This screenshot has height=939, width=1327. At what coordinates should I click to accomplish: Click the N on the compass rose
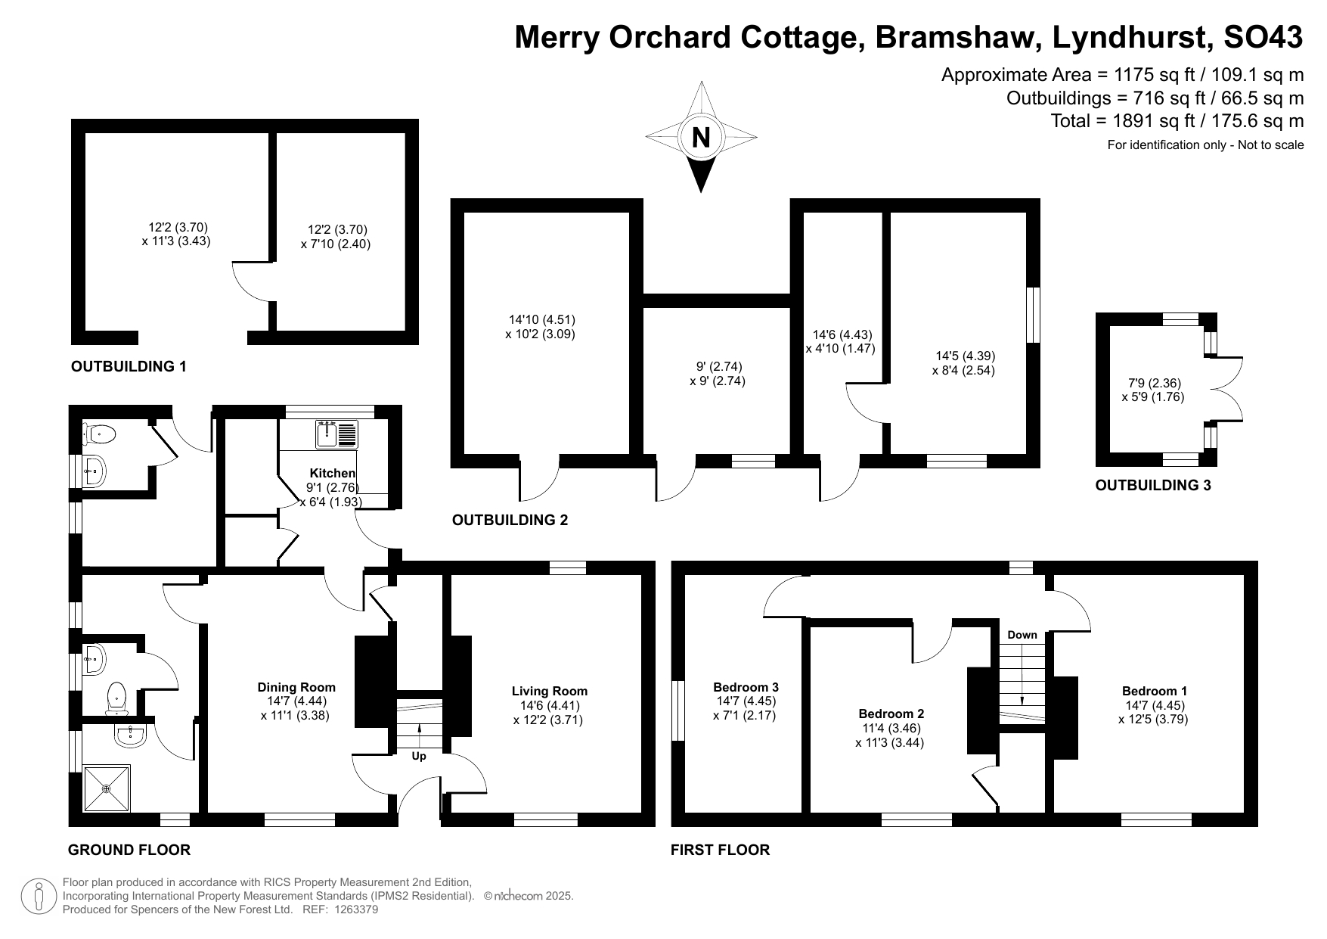pos(701,137)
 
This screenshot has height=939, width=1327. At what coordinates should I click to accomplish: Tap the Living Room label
pos(549,691)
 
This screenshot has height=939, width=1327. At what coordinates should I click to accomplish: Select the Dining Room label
pos(296,687)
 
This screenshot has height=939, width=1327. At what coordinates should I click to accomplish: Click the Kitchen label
pos(332,473)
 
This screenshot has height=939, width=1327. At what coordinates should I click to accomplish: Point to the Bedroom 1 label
pos(1154,691)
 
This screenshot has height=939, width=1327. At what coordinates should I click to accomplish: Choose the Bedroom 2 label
pos(891,714)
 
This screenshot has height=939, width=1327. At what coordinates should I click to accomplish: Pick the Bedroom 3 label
pos(746,687)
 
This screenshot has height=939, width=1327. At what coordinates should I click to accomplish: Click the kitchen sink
pos(326,434)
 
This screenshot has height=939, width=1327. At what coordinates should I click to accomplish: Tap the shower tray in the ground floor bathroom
pos(106,788)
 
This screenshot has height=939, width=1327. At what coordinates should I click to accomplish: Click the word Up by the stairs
pos(419,756)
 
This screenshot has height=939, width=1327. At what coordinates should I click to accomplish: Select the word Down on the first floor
pos(1022,635)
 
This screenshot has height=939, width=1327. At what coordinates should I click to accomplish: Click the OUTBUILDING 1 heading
pos(129,367)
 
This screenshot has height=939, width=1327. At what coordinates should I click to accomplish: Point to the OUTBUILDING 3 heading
pos(1152,486)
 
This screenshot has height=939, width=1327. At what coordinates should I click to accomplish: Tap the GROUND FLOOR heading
pos(129,850)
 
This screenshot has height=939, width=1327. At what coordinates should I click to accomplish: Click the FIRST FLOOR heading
pos(720,850)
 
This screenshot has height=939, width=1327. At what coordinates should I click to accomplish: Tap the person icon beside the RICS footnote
pos(39,897)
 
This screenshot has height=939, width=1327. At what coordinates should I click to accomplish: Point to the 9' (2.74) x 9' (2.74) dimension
pos(718,374)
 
